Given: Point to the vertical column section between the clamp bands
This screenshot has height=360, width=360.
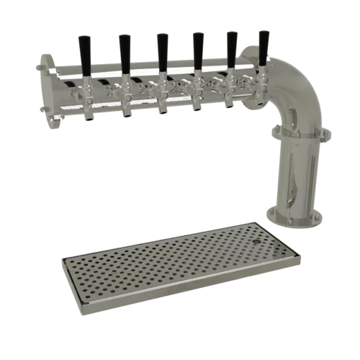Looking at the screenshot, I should (x=297, y=173).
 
